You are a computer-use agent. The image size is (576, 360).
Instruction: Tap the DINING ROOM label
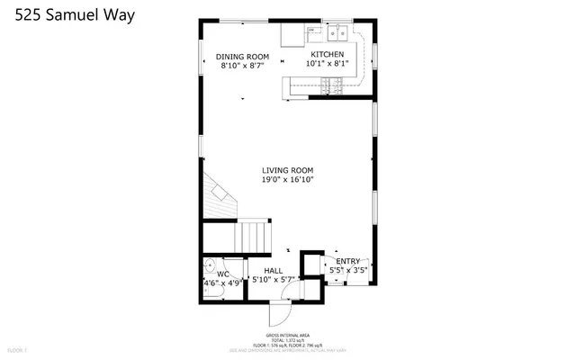[243, 56]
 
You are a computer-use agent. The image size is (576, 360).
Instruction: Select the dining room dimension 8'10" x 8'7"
[243, 66]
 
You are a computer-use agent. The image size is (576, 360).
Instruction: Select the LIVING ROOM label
[287, 170]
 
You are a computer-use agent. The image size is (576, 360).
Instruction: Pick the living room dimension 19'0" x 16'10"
[287, 180]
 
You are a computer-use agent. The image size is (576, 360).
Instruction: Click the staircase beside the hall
[253, 238]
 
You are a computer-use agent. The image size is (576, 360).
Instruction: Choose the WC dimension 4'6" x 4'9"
[221, 283]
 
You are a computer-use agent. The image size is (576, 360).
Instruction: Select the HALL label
[273, 271]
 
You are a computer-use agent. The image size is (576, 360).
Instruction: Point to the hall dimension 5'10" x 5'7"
[273, 281]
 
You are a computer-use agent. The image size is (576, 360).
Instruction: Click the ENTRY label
[347, 261]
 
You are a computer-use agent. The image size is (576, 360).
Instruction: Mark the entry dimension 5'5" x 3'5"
[347, 270]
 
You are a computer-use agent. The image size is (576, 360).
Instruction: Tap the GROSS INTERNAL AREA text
[287, 334]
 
